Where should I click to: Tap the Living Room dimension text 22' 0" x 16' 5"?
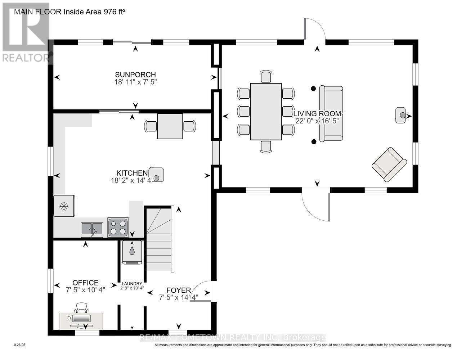[317, 121]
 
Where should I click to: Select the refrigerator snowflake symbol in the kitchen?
[64, 206]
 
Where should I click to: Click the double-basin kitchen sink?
[92, 229]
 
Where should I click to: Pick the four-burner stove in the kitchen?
[118, 227]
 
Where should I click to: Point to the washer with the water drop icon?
[132, 252]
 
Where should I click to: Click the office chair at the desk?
[82, 308]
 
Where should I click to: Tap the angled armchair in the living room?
[389, 164]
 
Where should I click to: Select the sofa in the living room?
[331, 113]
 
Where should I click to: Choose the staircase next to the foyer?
[160, 239]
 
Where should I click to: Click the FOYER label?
[178, 290]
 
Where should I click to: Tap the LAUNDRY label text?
[132, 283]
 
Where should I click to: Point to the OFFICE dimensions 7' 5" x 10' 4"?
[85, 290]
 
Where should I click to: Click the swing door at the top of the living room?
[314, 31]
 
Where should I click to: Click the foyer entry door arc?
[200, 290]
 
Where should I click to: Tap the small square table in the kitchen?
[170, 126]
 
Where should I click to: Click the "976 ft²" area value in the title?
[110, 12]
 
